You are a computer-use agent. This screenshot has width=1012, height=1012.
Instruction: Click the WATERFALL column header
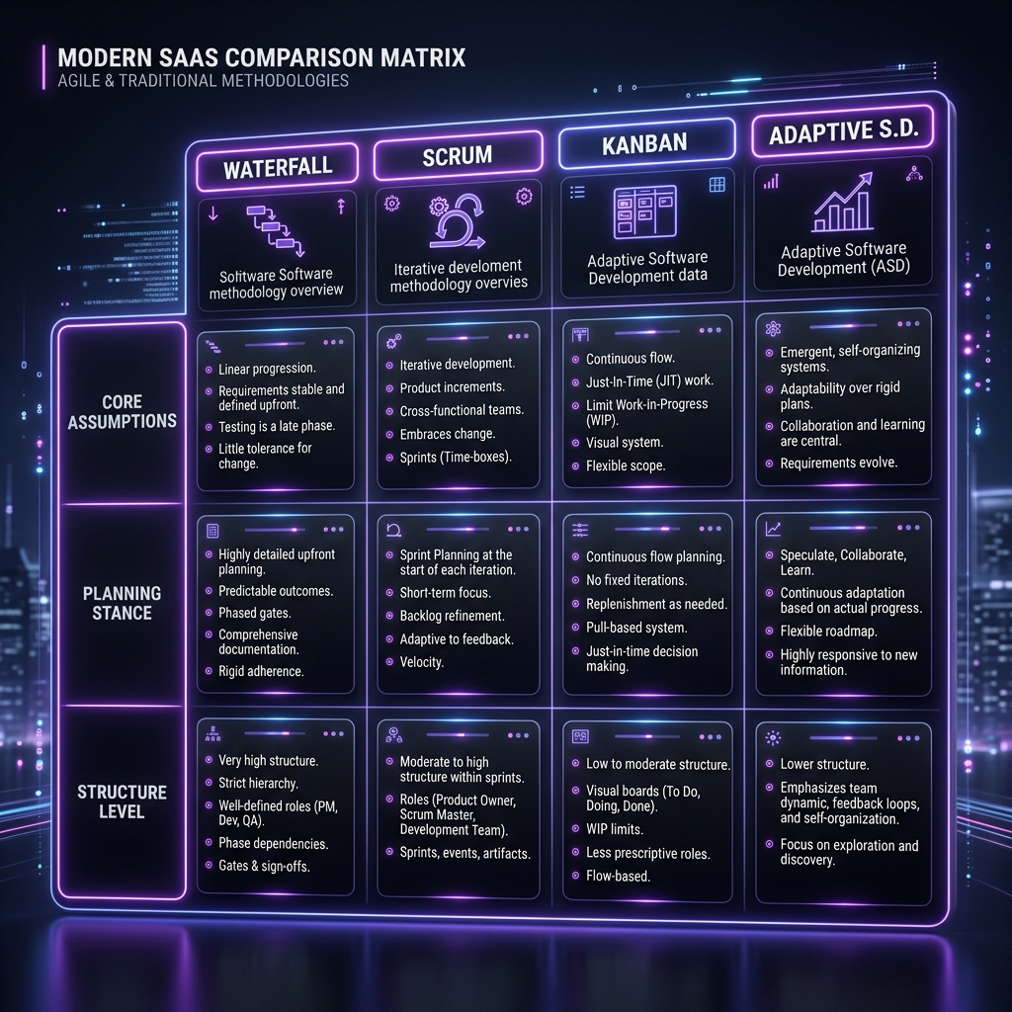coord(278,168)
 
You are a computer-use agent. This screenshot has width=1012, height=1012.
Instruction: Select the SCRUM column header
coord(458,155)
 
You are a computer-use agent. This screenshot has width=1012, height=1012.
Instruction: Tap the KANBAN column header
coord(645,143)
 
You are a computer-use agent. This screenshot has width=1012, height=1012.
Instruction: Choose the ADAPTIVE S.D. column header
coord(843,131)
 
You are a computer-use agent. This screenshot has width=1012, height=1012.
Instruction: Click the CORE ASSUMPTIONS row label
coord(122,411)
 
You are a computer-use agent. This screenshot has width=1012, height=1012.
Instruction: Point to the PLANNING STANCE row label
coord(122,603)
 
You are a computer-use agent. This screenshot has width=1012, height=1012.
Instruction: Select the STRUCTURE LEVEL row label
coord(122,801)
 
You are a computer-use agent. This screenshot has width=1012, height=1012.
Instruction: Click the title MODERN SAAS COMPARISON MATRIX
coord(261,57)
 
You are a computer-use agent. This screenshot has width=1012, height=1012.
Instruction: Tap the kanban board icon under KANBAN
coord(644,211)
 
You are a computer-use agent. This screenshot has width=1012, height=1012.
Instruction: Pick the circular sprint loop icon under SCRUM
coord(458,221)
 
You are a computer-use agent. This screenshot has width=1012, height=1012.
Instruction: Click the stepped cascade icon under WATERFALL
coord(276,230)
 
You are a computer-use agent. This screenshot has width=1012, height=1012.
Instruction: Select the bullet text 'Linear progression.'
coord(267,369)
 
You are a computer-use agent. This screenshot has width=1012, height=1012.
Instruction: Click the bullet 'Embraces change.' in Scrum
coord(448,434)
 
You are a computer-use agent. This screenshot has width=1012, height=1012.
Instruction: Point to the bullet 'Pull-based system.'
coord(636,628)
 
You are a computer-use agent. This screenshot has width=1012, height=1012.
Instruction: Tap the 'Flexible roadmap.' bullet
coord(829,632)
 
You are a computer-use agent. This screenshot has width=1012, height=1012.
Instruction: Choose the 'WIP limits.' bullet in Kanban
coord(615,829)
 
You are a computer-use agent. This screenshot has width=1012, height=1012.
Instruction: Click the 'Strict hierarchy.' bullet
coord(258,783)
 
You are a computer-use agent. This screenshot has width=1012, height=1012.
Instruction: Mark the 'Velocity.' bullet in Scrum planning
coord(421,662)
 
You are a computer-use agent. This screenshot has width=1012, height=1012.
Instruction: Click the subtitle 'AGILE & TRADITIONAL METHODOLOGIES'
coord(204,81)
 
